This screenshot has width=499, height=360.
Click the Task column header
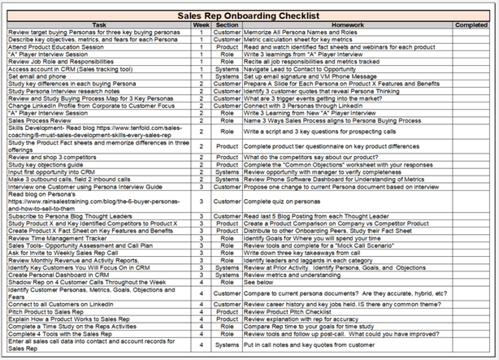pyautogui.click(x=98, y=24)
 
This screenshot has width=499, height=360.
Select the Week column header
pyautogui.click(x=202, y=24)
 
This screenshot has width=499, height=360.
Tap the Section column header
pyautogui.click(x=228, y=24)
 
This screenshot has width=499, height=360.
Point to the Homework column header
pyautogui.click(x=341, y=24)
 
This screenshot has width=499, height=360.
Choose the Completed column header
pyautogui.click(x=471, y=24)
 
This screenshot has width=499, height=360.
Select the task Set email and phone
pyautogui.click(x=38, y=76)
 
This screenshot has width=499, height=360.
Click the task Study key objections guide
pyautogui.click(x=48, y=164)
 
